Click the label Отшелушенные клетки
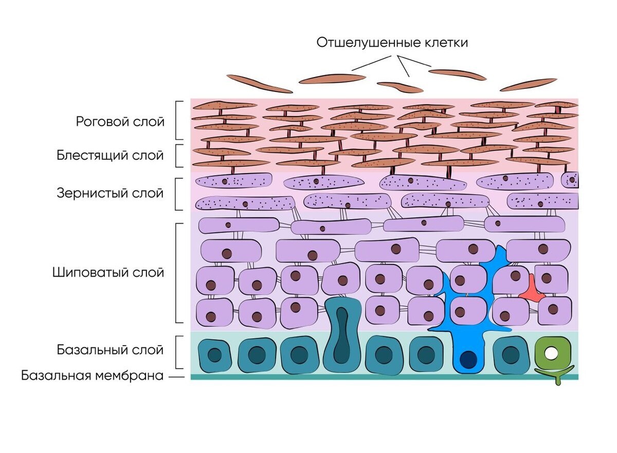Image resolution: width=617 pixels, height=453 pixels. coord(392,42)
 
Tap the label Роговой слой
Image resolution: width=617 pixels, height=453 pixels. coord(120,122)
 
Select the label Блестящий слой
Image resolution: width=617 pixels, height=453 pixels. coord(110,156)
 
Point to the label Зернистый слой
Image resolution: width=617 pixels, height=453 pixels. coord(110,194)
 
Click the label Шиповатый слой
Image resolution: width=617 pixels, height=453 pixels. coord(108,272)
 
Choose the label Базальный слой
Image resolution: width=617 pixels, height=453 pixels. coord(110,350)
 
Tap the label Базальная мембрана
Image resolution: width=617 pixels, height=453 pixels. coord(93,376)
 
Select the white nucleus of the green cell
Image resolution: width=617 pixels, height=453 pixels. coord(551,353)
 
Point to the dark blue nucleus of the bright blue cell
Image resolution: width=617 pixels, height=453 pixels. coord(468,359)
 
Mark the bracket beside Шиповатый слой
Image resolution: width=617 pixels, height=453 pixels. coord(178,273)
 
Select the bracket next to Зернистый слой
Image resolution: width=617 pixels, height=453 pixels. coord(177,194)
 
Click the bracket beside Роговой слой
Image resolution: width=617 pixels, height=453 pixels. coord(178,120)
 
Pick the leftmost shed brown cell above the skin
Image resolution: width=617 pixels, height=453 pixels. coord(259,84)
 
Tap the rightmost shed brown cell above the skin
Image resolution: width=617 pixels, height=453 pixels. coord(529,84)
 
